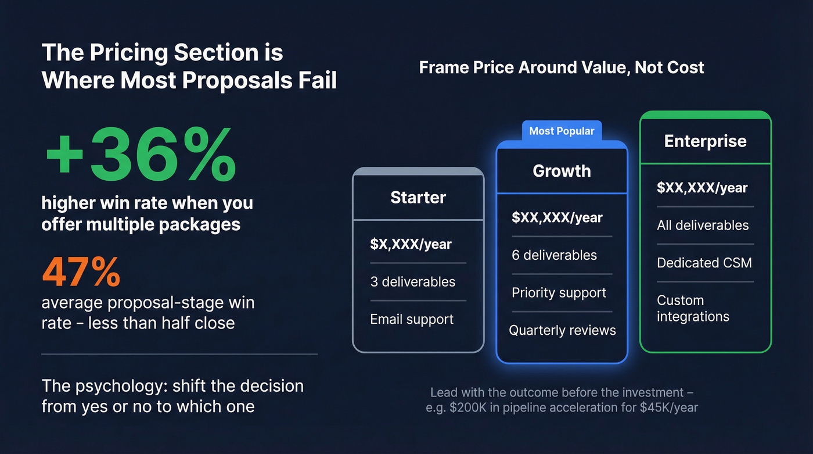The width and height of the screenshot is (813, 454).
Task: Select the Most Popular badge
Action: tap(562, 131)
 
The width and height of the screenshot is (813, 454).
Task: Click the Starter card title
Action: tap(418, 198)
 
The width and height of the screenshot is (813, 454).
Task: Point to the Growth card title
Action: tap(562, 171)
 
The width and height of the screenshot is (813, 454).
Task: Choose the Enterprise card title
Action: tap(705, 141)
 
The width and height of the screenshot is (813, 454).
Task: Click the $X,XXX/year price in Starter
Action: tap(411, 244)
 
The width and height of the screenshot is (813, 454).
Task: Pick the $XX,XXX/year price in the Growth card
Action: tap(557, 218)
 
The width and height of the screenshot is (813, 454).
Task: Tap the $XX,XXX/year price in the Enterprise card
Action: tap(702, 188)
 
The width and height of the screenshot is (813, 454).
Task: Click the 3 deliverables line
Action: tap(412, 282)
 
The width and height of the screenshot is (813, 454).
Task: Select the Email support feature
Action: tap(412, 319)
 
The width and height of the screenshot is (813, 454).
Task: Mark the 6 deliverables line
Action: tap(554, 255)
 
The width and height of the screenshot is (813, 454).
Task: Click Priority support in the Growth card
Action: tap(559, 292)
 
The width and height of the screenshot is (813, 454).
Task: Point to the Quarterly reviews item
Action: tap(562, 330)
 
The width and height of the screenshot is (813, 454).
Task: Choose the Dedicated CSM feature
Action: tap(704, 263)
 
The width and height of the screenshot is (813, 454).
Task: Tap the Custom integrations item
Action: tap(693, 309)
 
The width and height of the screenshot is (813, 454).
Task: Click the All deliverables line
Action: tap(703, 225)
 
